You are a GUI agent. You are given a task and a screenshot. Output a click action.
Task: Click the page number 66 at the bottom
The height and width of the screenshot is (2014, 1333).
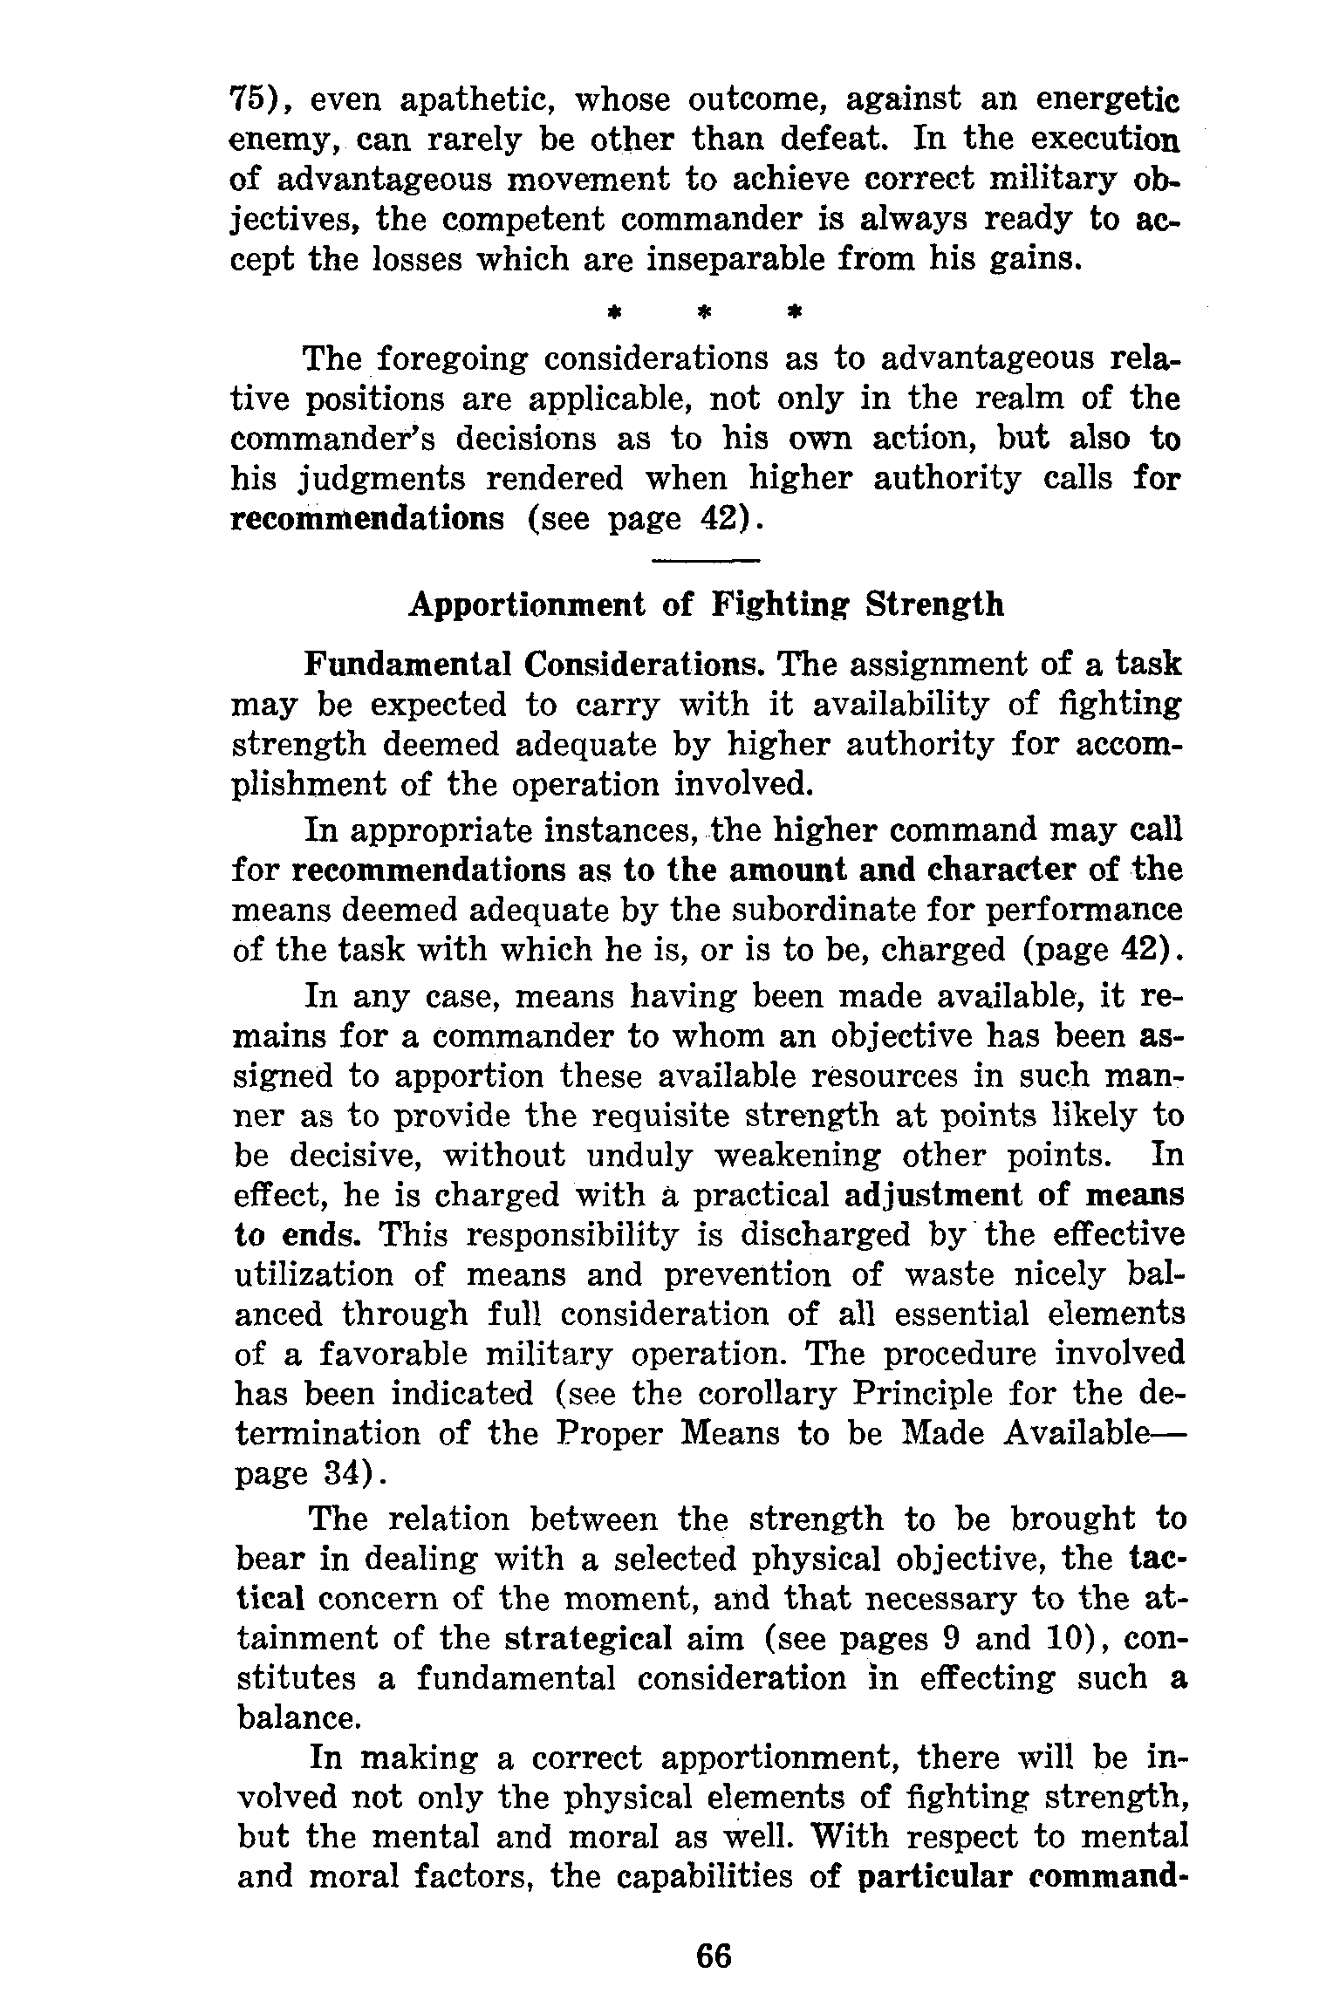(x=714, y=1956)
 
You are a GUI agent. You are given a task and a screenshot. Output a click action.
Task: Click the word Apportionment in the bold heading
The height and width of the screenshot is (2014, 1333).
(x=529, y=604)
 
